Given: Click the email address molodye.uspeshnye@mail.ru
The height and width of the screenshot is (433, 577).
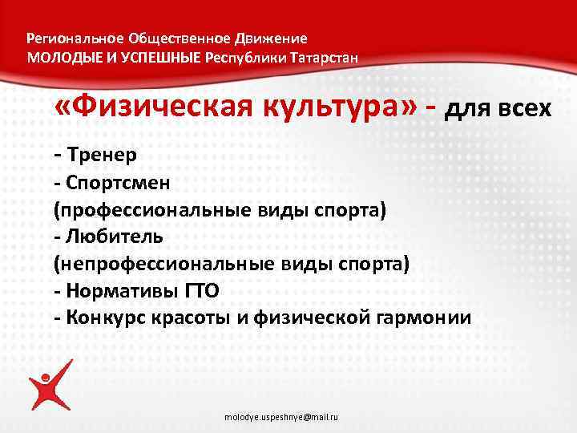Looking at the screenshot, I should [x=281, y=419].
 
